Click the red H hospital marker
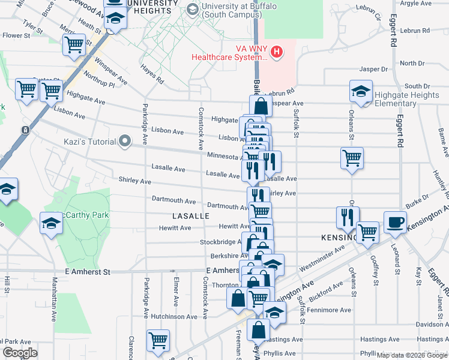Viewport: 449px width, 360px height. [276, 52]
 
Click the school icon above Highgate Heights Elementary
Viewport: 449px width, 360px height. [361, 91]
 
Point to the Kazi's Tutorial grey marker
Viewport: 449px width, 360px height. [125, 142]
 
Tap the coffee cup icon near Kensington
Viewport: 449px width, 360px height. [395, 221]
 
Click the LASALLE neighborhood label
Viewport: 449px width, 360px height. [190, 215]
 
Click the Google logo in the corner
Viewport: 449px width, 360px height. [20, 353]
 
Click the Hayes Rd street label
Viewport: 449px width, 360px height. [152, 74]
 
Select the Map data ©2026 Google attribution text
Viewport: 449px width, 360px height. [412, 355]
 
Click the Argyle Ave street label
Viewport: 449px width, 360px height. [416, 3]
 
